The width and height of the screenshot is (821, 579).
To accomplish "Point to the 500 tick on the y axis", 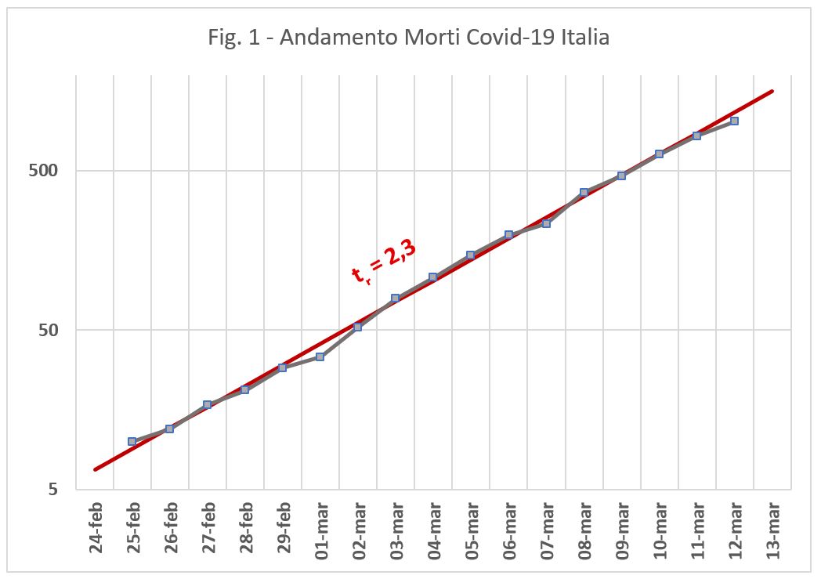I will click(x=49, y=170).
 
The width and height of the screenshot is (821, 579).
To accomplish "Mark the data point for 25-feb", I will click(x=132, y=442).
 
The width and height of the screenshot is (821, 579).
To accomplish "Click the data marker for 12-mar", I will click(x=734, y=121).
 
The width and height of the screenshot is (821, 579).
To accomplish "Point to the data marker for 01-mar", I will click(x=320, y=357).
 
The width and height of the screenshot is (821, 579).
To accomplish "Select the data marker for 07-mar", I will click(x=546, y=224).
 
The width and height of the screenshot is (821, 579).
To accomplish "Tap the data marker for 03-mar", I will click(x=395, y=299).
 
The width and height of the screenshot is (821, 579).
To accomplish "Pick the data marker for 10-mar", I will click(x=659, y=154).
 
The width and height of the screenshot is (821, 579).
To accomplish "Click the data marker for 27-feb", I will click(x=207, y=405).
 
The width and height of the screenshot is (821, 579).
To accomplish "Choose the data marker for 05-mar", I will click(x=470, y=255).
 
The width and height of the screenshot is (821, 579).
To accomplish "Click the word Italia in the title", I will click(x=587, y=37).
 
